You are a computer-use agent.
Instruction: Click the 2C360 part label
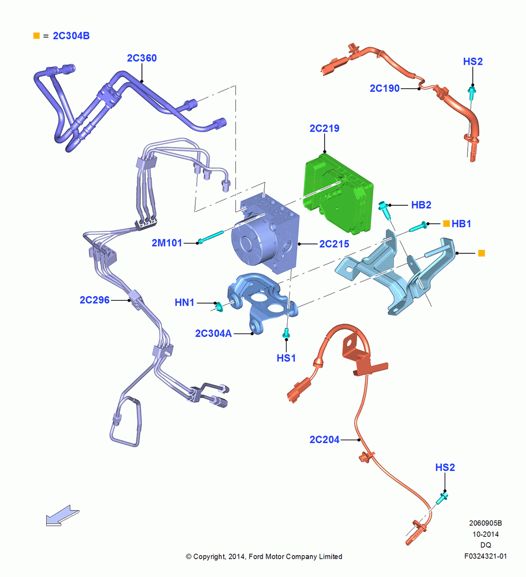(142, 58)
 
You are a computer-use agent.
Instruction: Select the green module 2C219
(338, 193)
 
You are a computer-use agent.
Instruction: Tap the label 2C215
(334, 244)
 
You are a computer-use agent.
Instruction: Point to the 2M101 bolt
(211, 237)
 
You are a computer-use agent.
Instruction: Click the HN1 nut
(219, 306)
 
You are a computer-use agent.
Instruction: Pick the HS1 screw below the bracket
(286, 334)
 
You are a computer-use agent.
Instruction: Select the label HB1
(461, 224)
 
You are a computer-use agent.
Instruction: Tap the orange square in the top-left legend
(36, 36)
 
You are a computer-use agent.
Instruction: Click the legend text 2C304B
(72, 36)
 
